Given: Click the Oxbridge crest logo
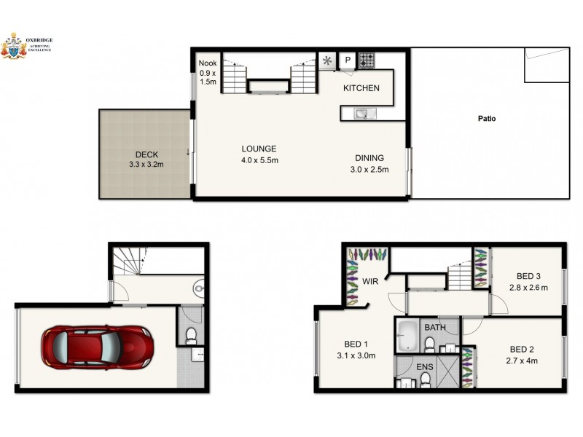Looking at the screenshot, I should (x=14, y=46).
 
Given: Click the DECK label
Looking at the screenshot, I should (x=146, y=154).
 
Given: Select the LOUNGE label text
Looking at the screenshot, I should (x=260, y=149).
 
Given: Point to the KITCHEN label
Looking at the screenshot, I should (x=361, y=88).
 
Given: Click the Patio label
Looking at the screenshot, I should (x=487, y=118).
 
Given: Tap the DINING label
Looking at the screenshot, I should (x=369, y=158).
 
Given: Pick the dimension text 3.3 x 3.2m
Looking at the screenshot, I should (x=146, y=165).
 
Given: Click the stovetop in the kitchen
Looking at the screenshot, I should (x=365, y=60).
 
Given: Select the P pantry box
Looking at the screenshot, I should (x=348, y=60).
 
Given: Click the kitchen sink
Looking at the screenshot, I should (x=361, y=114).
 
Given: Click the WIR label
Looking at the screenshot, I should (x=369, y=280).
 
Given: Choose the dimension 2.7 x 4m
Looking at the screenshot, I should (x=523, y=360).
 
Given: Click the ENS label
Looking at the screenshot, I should (x=425, y=367).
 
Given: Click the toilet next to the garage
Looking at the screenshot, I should (x=191, y=335).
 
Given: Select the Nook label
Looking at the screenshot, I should (x=208, y=63).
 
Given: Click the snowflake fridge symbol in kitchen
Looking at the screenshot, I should (x=327, y=60).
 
